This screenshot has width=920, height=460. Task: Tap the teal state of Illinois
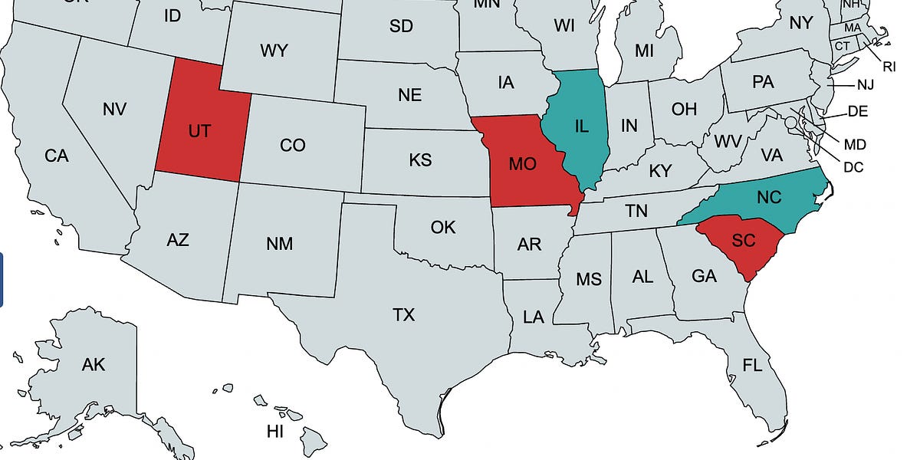pos(581,127)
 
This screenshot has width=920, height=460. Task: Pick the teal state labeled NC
pos(768,197)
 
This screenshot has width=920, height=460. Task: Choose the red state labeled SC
pos(743,241)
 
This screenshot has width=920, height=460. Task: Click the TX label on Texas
pos(403,315)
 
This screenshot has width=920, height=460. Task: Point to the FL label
pos(752,365)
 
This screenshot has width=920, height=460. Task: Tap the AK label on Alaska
pos(94,365)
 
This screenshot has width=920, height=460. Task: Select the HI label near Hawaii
pos(275,432)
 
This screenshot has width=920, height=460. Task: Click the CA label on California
pos(57,156)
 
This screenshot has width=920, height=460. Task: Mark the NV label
pos(113,110)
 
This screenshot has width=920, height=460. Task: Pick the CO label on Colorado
pos(292,145)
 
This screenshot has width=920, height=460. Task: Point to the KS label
pos(420,160)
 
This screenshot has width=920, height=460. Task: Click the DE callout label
pos(858,112)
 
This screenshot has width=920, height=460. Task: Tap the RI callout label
pos(889,67)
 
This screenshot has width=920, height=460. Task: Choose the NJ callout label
pos(866,84)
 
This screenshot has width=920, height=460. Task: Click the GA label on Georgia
pos(704,276)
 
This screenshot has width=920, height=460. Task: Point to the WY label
pos(274,51)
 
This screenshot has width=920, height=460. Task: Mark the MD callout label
pos(854,144)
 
